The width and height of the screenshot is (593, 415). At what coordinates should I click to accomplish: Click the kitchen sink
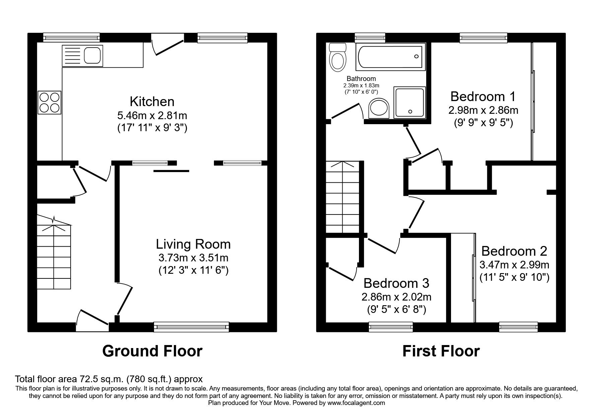82,56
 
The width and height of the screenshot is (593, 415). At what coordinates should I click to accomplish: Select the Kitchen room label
152,101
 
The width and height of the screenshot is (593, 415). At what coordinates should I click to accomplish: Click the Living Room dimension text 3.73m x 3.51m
193,258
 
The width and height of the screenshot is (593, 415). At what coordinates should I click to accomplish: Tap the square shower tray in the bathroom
410,102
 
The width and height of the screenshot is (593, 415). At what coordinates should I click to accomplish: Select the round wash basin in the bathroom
379,108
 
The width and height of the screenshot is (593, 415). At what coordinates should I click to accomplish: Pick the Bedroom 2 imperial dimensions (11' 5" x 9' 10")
514,277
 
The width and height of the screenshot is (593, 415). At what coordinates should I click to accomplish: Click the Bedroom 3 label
396,283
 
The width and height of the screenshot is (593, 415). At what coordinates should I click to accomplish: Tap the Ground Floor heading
152,351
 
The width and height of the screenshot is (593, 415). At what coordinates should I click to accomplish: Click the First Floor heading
441,351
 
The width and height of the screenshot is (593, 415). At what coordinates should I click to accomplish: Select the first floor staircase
342,197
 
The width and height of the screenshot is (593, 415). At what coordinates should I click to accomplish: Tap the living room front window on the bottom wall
191,327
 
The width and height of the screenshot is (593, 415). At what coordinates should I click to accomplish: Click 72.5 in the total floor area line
88,379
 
